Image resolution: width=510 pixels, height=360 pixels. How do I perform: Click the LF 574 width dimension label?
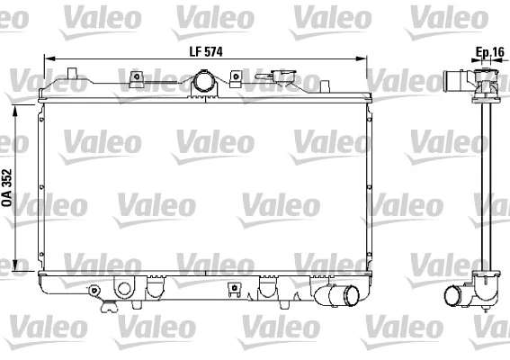pyautogui.click(x=206, y=51)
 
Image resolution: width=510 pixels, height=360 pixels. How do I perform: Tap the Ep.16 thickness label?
pyautogui.click(x=489, y=51)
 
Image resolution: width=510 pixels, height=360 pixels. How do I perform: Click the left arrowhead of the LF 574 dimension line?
pyautogui.click(x=48, y=60)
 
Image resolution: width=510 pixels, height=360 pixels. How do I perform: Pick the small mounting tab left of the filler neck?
pyautogui.click(x=138, y=76)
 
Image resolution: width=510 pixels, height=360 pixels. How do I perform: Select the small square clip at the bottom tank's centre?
pyautogui.click(x=235, y=289)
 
